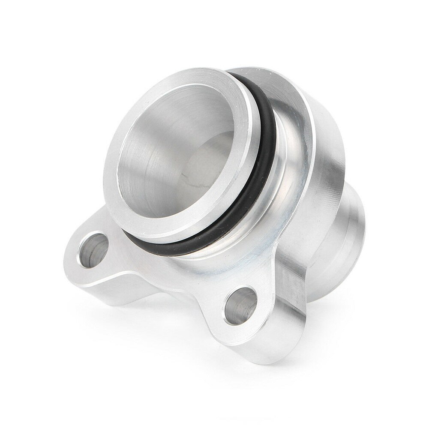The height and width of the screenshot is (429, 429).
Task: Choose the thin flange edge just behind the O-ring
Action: coord(296,129)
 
